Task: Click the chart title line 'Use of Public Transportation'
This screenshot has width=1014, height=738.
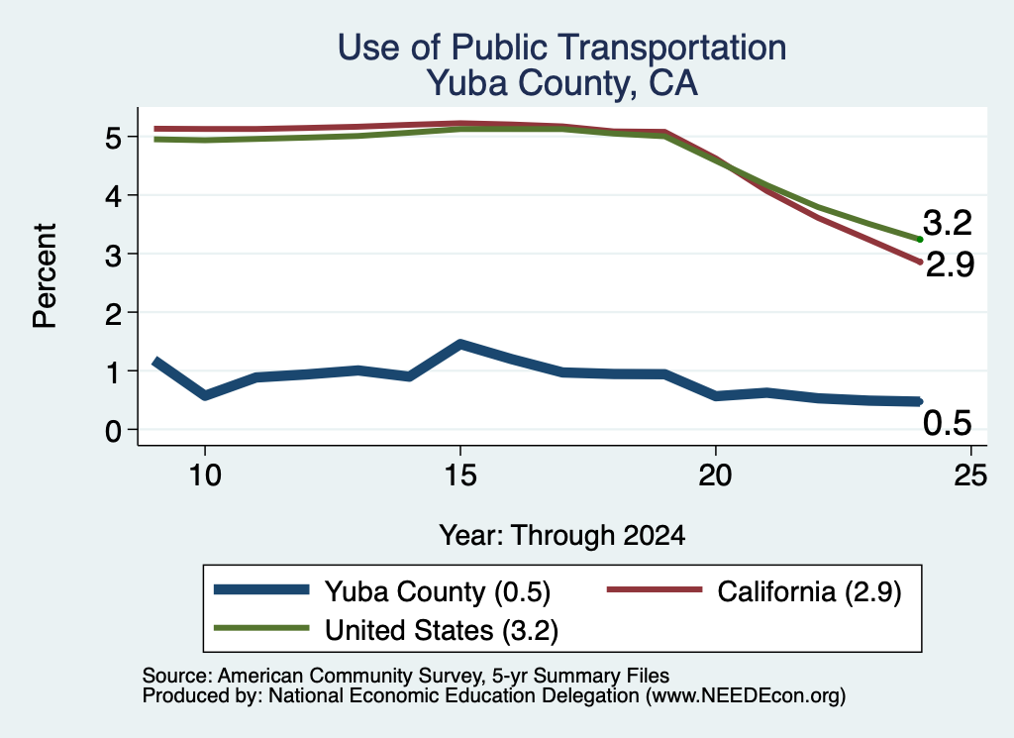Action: coord(562,48)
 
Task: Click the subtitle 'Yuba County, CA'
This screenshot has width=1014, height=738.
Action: coord(562,83)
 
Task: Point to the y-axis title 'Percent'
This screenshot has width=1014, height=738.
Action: coord(45,275)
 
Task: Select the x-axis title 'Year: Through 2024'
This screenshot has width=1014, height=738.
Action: coord(562,536)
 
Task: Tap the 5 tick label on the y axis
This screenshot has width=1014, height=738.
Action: coord(113,138)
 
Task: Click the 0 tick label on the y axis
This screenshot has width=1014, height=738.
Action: coord(113,430)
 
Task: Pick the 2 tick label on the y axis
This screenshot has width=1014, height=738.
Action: coord(113,314)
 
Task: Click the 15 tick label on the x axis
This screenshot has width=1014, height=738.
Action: coord(460,475)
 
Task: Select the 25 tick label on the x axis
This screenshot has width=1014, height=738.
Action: coord(970,475)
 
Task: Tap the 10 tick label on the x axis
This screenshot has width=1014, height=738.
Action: coord(205,475)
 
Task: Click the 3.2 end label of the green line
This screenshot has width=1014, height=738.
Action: coord(948,223)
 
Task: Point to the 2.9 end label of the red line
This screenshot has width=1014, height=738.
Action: coord(950,264)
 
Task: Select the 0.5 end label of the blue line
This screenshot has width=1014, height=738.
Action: coord(948,423)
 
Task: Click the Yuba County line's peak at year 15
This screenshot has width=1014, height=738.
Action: coord(460,344)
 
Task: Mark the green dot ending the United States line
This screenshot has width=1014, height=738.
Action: coord(920,240)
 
